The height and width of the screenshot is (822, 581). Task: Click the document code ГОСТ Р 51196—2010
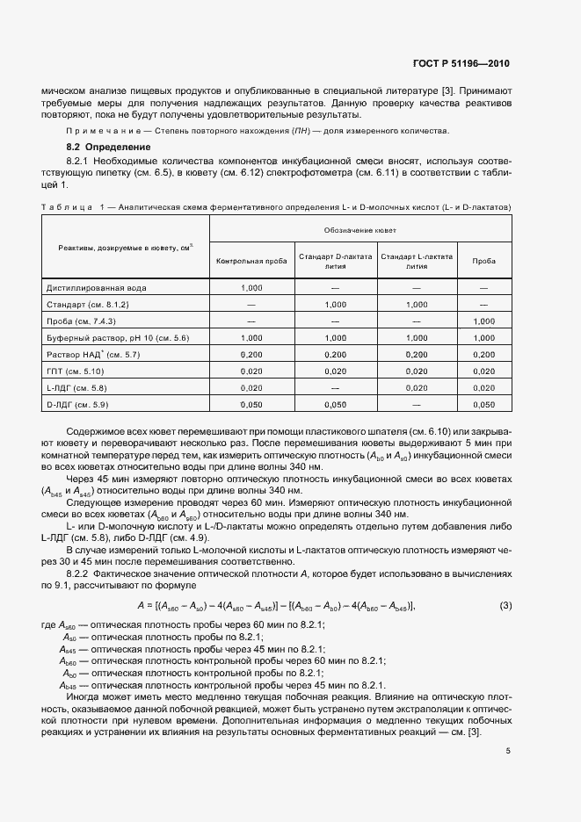(x=461, y=64)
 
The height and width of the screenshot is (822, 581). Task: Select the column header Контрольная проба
(x=251, y=261)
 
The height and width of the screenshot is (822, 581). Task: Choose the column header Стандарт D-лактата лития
(x=335, y=261)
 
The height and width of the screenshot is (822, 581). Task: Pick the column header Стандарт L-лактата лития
(x=417, y=261)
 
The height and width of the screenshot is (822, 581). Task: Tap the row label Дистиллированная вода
(x=96, y=287)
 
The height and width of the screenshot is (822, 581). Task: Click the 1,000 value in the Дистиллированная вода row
(x=251, y=287)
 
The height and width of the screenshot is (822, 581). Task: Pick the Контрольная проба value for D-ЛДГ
(x=251, y=404)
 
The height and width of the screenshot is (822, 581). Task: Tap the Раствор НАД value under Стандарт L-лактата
(x=417, y=354)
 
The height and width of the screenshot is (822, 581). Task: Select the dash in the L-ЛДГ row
(x=335, y=387)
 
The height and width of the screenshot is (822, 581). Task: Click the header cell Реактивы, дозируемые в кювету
(x=120, y=249)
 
